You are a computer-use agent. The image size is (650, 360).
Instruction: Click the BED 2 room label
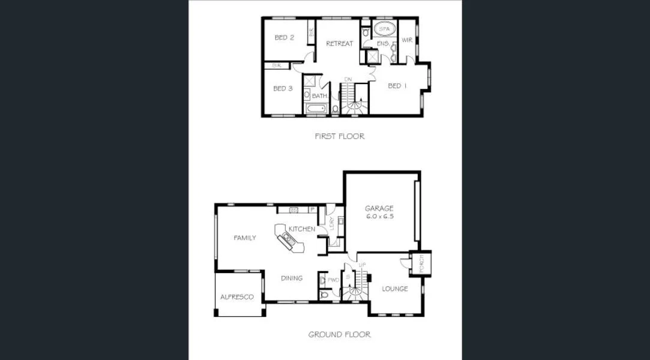284,38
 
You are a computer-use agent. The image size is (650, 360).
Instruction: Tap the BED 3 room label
283,89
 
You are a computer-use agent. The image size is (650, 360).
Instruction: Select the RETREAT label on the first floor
339,44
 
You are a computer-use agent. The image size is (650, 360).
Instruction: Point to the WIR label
407,40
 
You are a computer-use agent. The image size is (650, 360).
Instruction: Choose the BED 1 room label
397,86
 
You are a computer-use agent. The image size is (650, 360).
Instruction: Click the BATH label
319,96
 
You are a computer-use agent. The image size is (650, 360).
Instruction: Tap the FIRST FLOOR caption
339,136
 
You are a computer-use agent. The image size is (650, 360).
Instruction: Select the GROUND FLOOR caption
339,334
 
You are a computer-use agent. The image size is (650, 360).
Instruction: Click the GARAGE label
379,208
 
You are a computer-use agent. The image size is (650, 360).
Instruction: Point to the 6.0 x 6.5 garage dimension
379,216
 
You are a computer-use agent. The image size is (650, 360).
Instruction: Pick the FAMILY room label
244,238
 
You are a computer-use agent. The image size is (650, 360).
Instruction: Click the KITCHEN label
301,229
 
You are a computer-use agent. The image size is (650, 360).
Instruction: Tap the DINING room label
292,278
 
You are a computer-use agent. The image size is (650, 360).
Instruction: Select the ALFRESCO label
236,297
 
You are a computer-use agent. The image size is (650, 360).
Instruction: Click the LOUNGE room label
394,289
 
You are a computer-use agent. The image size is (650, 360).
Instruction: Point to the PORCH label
421,263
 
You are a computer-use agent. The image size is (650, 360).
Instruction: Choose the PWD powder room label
334,280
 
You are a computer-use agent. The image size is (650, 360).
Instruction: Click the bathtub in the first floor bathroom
316,109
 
